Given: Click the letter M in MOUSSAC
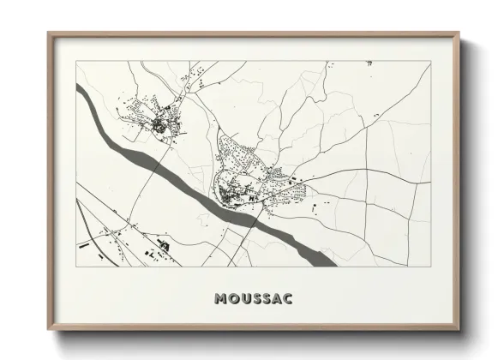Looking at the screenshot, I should pyautogui.click(x=222, y=299).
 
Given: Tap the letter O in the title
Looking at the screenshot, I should pyautogui.click(x=234, y=299).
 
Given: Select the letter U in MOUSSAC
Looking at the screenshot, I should pyautogui.click(x=245, y=299).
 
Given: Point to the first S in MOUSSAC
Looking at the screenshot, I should pyautogui.click(x=256, y=299).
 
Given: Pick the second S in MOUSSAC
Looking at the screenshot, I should pyautogui.click(x=267, y=299).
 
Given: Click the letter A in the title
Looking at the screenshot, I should pyautogui.click(x=277, y=299).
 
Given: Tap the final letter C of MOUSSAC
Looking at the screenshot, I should pyautogui.click(x=288, y=299).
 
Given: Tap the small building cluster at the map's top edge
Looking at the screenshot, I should pyautogui.click(x=369, y=63).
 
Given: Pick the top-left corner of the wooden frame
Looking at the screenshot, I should pyautogui.click(x=48, y=33).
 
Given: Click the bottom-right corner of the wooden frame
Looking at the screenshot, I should pyautogui.click(x=459, y=330).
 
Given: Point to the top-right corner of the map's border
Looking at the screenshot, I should pyautogui.click(x=429, y=60).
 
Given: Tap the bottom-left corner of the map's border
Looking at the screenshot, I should pyautogui.click(x=76, y=267).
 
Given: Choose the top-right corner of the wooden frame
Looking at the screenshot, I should pyautogui.click(x=459, y=33).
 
